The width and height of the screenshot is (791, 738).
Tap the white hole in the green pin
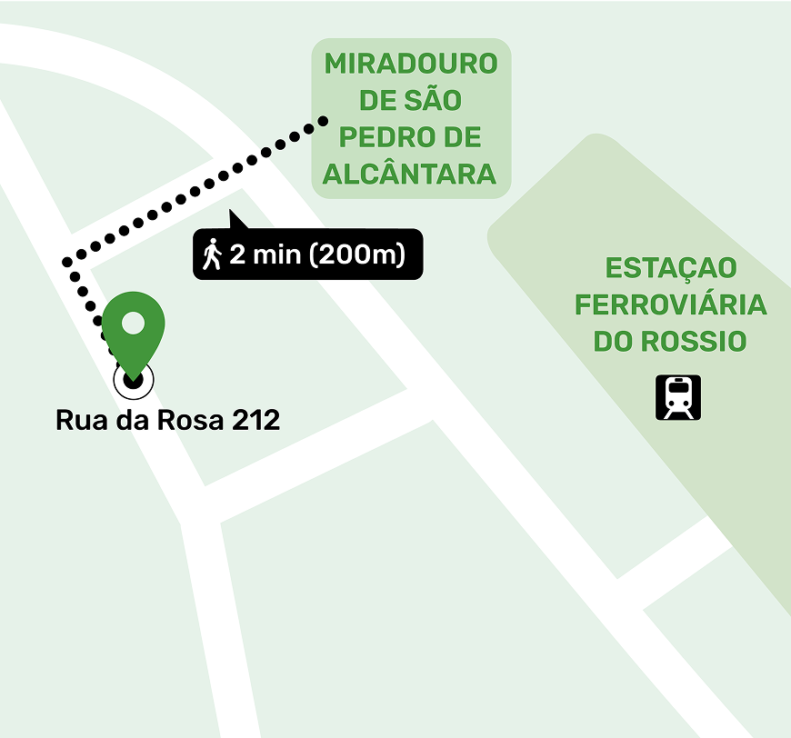coord(133,323)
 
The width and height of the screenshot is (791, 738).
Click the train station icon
coord(678,398)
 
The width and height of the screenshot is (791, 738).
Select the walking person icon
coord(213,254)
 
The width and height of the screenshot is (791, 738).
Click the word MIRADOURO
coord(411,65)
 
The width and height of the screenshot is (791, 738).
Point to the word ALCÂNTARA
coord(410,174)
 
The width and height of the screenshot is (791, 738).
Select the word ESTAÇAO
coord(671,269)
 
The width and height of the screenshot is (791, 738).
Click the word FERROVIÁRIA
coord(671,305)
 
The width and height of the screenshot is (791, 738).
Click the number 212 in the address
coord(256,422)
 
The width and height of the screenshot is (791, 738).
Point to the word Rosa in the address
coord(193,422)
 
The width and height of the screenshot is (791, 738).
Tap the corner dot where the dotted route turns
coord(67,263)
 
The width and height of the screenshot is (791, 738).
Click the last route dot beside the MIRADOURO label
coord(323,120)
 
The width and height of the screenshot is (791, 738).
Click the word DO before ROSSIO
coord(614,342)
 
